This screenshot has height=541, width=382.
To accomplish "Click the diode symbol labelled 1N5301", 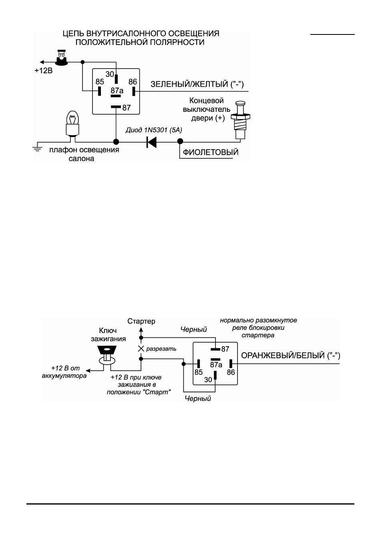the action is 151,142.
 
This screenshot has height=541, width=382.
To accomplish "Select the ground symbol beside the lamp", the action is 37,149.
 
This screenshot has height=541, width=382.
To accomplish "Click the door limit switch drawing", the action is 240,120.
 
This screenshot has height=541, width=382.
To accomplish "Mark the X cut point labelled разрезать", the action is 141,349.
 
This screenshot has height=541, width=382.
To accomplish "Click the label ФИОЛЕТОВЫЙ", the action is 211,152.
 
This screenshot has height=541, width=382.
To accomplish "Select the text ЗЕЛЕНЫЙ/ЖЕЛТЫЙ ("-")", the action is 197,84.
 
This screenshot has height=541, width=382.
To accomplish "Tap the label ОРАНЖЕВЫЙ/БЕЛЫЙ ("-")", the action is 291,355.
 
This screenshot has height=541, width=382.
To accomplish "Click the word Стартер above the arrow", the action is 141,321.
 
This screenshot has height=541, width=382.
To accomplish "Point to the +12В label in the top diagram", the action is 43,71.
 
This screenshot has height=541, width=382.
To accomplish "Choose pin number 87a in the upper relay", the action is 117,91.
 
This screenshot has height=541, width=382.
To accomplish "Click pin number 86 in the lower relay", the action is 231,372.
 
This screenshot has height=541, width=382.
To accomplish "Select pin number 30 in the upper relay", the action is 110,74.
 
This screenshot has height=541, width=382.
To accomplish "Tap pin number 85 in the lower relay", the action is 199,372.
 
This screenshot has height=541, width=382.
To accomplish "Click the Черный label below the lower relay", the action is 198,398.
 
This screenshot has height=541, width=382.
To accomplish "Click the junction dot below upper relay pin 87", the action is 116,141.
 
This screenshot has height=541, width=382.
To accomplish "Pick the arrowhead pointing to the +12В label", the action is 42,62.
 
